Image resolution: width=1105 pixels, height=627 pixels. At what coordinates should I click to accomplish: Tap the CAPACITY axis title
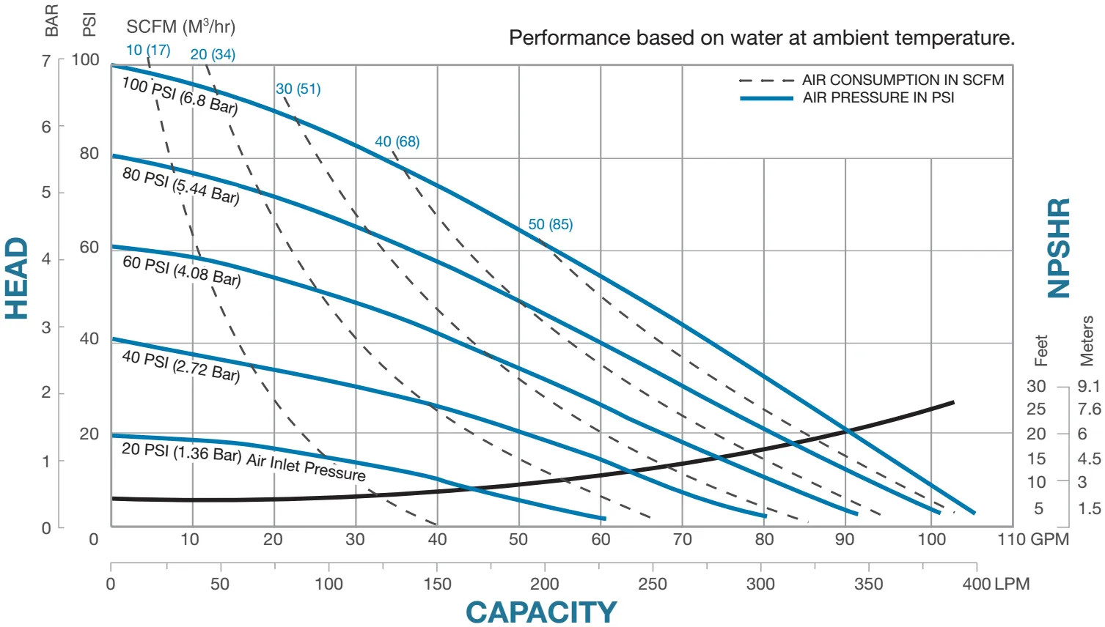pos(541,612)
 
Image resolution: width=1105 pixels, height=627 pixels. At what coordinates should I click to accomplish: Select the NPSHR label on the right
pos(1059,248)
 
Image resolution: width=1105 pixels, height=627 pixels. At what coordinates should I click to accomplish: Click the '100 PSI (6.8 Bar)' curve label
pos(180,96)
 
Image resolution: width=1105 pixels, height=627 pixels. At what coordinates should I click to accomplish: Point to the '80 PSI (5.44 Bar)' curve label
pos(181,185)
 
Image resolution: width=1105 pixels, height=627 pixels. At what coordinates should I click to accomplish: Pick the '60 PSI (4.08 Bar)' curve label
pos(182,270)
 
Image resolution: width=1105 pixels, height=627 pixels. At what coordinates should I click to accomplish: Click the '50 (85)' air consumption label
pos(551,224)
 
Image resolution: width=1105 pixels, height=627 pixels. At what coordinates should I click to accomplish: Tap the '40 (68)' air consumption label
pos(397,141)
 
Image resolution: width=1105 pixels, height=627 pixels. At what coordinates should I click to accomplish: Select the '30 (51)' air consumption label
pos(298,89)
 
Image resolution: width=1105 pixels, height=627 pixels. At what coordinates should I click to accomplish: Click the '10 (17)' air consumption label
pos(148,50)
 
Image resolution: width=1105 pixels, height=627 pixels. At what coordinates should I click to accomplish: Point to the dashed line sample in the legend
pos(766,81)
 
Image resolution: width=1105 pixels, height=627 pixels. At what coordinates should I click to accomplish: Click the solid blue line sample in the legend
pos(766,98)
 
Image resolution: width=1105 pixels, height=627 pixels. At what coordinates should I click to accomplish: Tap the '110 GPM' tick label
pos(1032,540)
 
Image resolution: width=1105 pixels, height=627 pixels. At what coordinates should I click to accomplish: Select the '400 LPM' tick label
pos(996,584)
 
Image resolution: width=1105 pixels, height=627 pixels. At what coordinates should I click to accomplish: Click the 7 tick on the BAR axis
pos(46,61)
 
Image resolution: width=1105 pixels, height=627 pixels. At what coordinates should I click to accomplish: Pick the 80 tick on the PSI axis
pos(89,153)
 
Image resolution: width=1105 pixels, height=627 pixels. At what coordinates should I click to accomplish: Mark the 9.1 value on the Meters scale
pos(1089,386)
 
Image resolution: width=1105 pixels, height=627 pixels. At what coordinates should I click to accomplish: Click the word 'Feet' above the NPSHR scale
pos(1041,350)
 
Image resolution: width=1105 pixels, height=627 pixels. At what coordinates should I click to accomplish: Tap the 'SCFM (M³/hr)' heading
pos(180,27)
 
